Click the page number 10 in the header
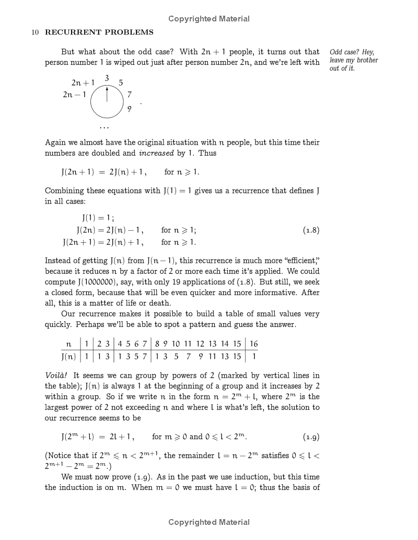35,32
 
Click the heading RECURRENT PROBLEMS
99,32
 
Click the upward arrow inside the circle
107,94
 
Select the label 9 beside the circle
130,110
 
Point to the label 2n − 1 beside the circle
74,95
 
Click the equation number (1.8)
311,230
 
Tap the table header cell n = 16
253,344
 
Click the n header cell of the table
68,344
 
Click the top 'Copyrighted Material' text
209,19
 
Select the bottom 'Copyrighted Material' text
209,522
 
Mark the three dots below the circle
104,128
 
